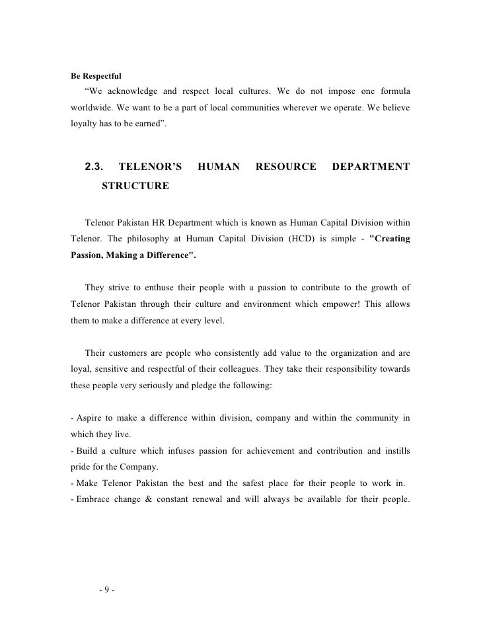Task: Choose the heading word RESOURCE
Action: pyautogui.click(x=285, y=168)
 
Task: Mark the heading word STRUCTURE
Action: pyautogui.click(x=135, y=187)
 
